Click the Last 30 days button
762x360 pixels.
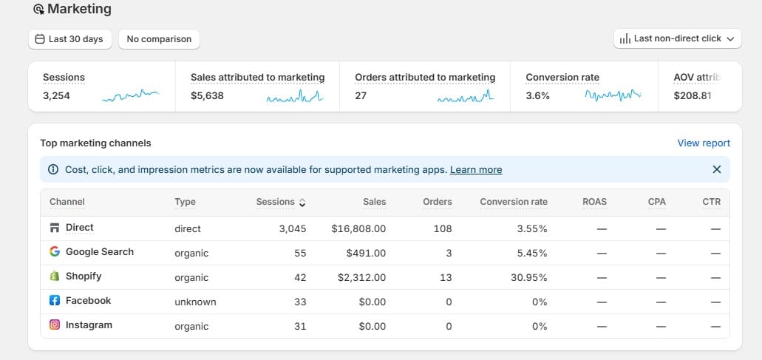(70, 39)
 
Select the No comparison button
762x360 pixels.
(159, 39)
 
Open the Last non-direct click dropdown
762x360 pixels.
(678, 39)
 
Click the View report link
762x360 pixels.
(704, 143)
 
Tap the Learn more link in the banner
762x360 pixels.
(476, 169)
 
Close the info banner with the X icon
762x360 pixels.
(717, 169)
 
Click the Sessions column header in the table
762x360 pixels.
(276, 202)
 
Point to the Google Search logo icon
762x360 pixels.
(55, 251)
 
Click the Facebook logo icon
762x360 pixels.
(55, 300)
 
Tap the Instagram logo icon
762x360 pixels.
(55, 325)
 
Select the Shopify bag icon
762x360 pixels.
(55, 276)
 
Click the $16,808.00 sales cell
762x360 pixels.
(358, 228)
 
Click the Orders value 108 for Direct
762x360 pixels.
(443, 228)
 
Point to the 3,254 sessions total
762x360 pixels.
(56, 95)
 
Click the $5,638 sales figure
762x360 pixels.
(207, 95)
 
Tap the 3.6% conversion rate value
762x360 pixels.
(537, 95)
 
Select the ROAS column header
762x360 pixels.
(594, 202)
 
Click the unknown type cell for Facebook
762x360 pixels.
(195, 302)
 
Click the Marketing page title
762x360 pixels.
(79, 9)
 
